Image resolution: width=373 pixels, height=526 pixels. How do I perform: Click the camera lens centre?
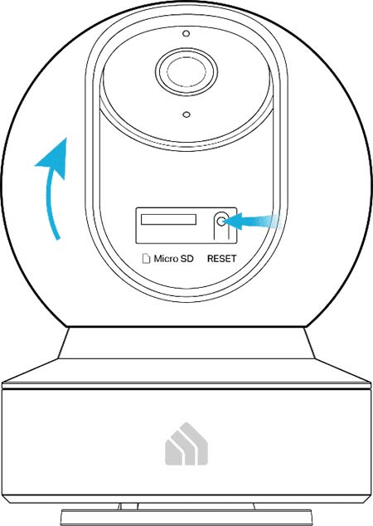point(186,71)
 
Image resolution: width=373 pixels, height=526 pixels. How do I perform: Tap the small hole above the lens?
point(186,33)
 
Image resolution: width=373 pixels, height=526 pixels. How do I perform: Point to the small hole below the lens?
point(186,114)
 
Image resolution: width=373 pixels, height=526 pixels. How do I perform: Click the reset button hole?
point(220,222)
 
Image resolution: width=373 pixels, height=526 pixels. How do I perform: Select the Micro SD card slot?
point(168,220)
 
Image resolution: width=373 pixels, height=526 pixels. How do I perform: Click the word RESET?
point(222,259)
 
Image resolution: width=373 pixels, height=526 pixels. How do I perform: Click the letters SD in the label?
point(187,259)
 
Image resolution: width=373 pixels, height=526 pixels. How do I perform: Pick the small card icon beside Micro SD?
point(146,259)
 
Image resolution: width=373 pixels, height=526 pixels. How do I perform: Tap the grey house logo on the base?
point(186,444)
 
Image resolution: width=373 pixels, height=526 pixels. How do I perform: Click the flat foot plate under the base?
point(186,518)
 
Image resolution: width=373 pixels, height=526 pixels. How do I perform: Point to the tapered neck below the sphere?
point(186,343)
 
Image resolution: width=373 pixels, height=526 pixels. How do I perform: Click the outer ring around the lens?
point(186,50)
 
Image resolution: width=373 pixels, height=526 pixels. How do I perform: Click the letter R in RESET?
point(211,259)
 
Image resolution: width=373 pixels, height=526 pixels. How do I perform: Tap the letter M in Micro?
point(157,259)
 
